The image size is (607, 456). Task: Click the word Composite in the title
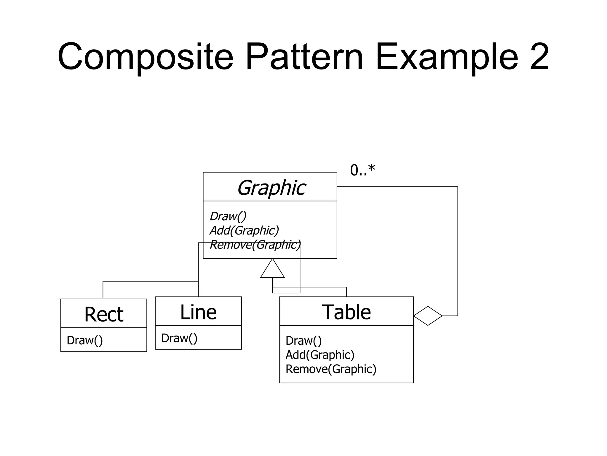[145, 57]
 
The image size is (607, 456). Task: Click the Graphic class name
[271, 188]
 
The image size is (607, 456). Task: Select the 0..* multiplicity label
[362, 170]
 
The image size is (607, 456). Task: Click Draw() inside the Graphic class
[228, 216]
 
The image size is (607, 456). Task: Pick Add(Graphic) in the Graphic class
[244, 230]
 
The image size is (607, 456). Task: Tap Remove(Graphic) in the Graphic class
[255, 245]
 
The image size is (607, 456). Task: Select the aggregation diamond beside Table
[428, 316]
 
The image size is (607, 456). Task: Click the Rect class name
[104, 314]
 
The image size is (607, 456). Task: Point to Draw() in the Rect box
[85, 340]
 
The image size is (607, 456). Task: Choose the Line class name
[198, 312]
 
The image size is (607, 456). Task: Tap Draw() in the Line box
[179, 338]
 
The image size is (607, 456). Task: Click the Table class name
[346, 312]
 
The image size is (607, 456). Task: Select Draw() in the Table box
[303, 341]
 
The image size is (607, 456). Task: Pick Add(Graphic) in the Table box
[320, 355]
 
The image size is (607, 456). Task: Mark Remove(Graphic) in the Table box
[331, 369]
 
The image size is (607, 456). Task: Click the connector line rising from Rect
[103, 289]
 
